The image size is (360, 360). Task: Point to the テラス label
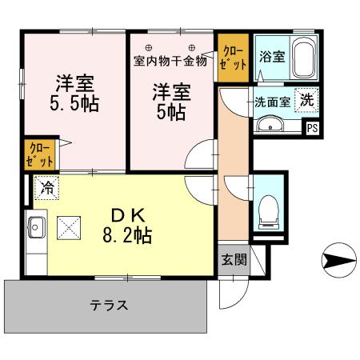[108, 305]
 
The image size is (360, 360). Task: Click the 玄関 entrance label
[233, 260]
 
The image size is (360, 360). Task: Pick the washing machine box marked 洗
[307, 101]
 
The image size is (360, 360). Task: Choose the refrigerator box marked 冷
[46, 189]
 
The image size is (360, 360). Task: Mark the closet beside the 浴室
[233, 58]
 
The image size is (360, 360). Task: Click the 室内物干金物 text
[170, 60]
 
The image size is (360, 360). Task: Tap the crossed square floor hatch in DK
[70, 228]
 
